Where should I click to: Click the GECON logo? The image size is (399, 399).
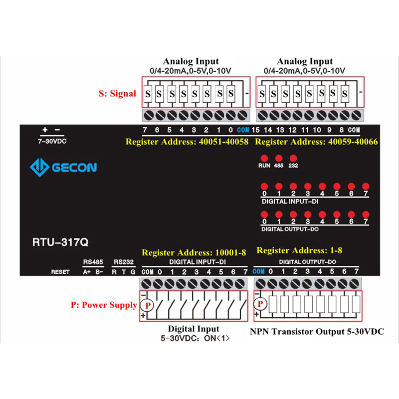(x=63, y=167)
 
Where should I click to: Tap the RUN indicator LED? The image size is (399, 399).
(x=264, y=158)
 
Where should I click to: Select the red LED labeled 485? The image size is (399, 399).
(x=278, y=158)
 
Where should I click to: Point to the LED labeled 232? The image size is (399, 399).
(x=293, y=158)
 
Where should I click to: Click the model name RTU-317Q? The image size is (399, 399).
(x=60, y=243)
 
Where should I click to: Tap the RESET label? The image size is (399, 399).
(x=60, y=272)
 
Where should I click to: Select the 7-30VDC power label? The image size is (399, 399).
(x=52, y=141)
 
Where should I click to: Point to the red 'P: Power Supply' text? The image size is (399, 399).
(x=104, y=305)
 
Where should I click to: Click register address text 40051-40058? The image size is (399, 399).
(x=187, y=142)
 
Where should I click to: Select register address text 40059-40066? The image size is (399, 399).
(x=316, y=142)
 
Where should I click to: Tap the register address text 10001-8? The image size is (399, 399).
(x=194, y=252)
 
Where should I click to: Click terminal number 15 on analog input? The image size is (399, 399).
(x=256, y=130)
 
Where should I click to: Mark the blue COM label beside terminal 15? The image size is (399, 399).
(x=243, y=130)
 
